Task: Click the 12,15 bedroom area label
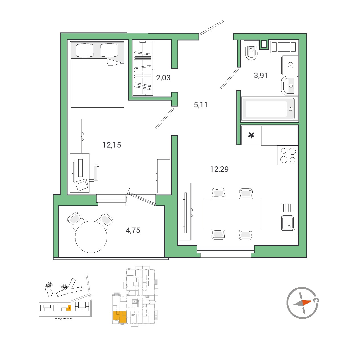click(x=112, y=145)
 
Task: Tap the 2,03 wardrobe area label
click(x=163, y=78)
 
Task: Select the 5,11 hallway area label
click(x=201, y=105)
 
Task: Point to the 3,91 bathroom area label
click(x=261, y=75)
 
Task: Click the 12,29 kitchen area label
click(x=219, y=169)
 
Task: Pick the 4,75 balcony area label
click(x=133, y=230)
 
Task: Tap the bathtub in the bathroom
click(x=269, y=109)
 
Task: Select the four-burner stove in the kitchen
click(x=288, y=155)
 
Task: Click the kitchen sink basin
click(x=287, y=223)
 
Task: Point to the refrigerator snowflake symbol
click(x=251, y=135)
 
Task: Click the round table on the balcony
click(x=91, y=237)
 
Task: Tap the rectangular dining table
click(x=232, y=214)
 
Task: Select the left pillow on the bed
click(x=84, y=50)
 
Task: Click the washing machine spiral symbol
click(x=290, y=65)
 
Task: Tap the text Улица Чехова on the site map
click(x=63, y=318)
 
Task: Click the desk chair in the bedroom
click(x=94, y=172)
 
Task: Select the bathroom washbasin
click(x=290, y=85)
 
